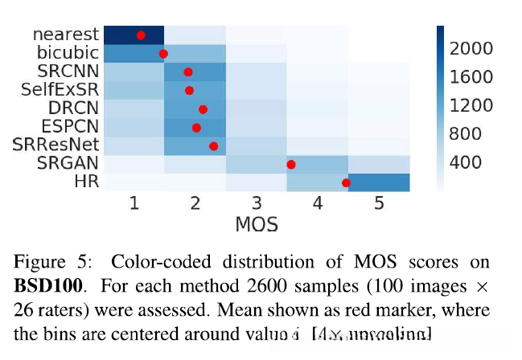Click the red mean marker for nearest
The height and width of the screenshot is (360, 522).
pyautogui.click(x=141, y=35)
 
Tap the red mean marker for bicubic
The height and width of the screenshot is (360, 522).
pyautogui.click(x=163, y=54)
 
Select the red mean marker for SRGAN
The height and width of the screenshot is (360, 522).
pyautogui.click(x=291, y=165)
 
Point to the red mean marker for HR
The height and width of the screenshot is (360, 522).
pyautogui.click(x=346, y=183)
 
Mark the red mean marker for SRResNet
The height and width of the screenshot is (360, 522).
pyautogui.click(x=214, y=145)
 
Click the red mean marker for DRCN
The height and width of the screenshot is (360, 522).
pyautogui.click(x=203, y=109)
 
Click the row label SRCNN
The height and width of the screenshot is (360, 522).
pyautogui.click(x=74, y=72)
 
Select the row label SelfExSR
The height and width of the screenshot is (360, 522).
pyautogui.click(x=64, y=89)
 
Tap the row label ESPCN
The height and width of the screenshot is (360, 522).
pyautogui.click(x=72, y=126)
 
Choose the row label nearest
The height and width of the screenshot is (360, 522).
pyautogui.click(x=66, y=35)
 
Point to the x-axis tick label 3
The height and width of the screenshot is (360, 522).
pyautogui.click(x=257, y=204)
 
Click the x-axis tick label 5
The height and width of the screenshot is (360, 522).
pyautogui.click(x=379, y=204)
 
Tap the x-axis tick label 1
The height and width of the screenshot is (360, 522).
pyautogui.click(x=134, y=204)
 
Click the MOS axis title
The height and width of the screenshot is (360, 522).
pyautogui.click(x=257, y=224)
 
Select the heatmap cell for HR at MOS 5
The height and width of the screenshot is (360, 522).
pyautogui.click(x=379, y=182)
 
